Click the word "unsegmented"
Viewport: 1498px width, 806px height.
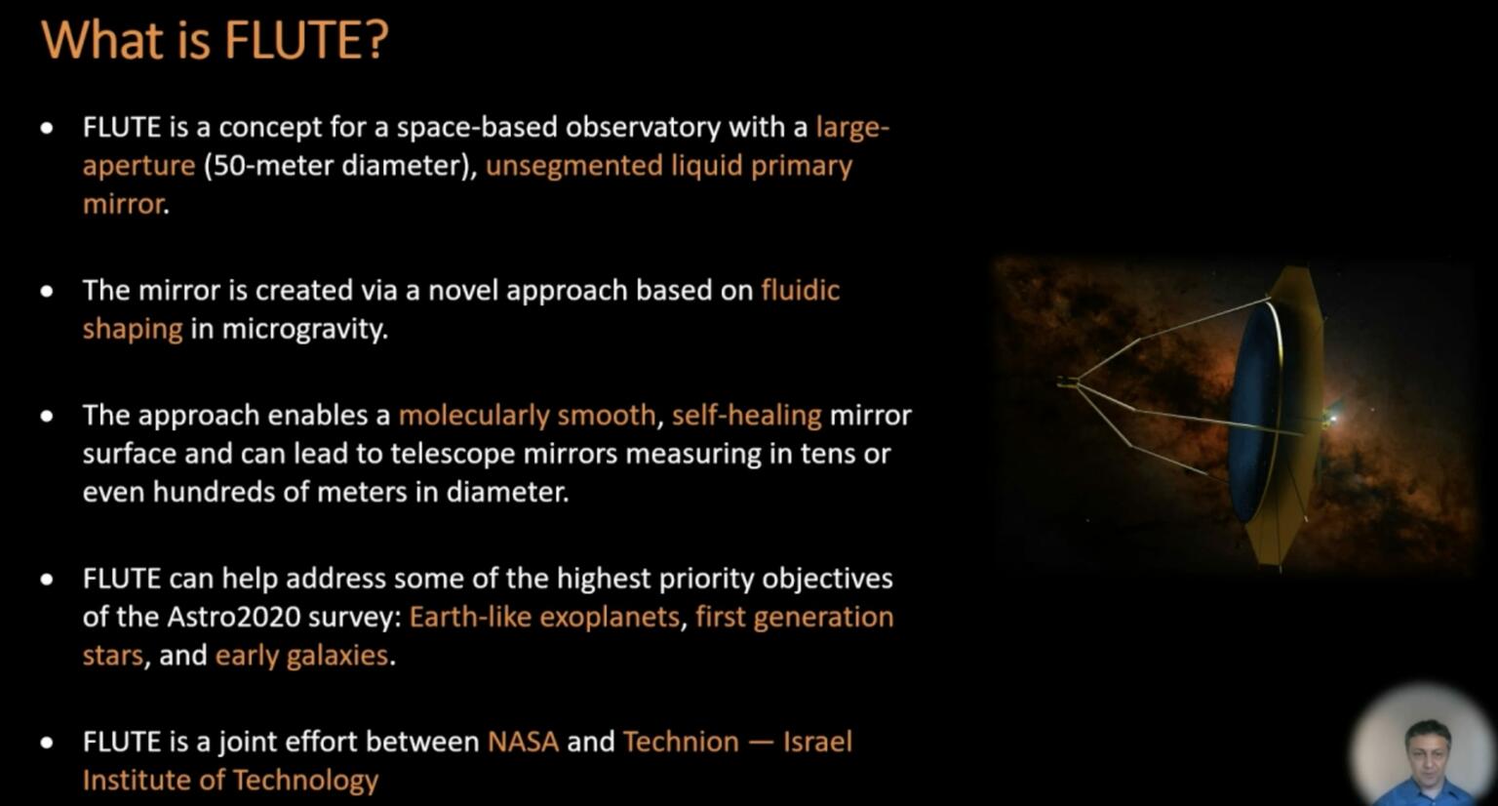pos(573,165)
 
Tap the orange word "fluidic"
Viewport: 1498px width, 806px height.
pos(800,290)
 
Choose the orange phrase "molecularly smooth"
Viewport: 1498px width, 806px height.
pos(527,415)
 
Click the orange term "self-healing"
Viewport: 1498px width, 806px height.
pos(746,415)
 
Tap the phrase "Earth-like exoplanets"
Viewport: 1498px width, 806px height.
pos(543,617)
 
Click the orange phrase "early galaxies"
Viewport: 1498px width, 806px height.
pos(301,655)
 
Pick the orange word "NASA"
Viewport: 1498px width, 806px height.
pos(523,742)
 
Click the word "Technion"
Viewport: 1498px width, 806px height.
pos(681,742)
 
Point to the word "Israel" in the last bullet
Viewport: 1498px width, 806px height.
pos(817,742)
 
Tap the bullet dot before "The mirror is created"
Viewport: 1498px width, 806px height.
pos(47,291)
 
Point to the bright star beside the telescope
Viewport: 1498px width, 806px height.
pos(1332,419)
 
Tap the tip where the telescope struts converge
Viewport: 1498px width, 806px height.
pos(1066,383)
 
